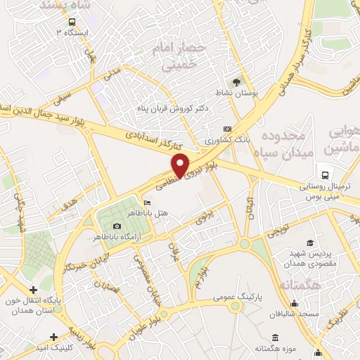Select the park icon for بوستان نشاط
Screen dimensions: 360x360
pyautogui.click(x=237, y=83)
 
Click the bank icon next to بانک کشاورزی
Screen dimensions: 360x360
pyautogui.click(x=226, y=129)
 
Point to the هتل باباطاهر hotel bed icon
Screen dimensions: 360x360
pyautogui.click(x=146, y=204)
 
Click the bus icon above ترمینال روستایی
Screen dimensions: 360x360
pyautogui.click(x=325, y=175)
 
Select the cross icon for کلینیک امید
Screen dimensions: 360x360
pyautogui.click(x=72, y=337)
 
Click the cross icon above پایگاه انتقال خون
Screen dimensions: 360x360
pyautogui.click(x=33, y=289)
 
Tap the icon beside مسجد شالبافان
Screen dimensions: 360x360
pyautogui.click(x=295, y=304)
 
